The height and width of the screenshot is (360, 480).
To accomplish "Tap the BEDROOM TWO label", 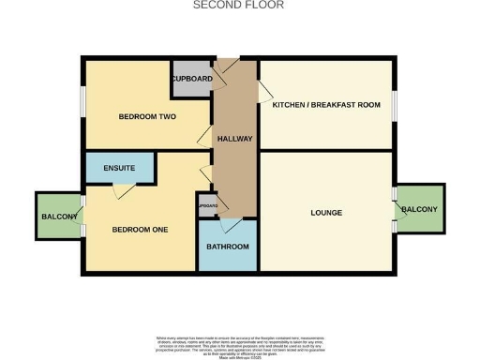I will pyautogui.click(x=145, y=117).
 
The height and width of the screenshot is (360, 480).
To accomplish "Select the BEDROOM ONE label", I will pyautogui.click(x=140, y=229).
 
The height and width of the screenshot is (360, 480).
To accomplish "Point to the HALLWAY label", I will pyautogui.click(x=234, y=139).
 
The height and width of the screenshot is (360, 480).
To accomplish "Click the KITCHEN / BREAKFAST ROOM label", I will pyautogui.click(x=325, y=105).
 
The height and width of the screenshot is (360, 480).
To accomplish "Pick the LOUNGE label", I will pyautogui.click(x=325, y=213).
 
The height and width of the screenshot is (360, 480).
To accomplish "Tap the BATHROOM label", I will pyautogui.click(x=228, y=247).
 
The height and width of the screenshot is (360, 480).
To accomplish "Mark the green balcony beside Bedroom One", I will pyautogui.click(x=58, y=217).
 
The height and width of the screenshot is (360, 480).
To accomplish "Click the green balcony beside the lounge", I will pyautogui.click(x=418, y=208).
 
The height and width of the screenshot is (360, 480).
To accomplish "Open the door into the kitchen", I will pyautogui.click(x=265, y=92).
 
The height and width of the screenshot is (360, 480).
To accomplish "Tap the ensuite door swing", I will pyautogui.click(x=119, y=190).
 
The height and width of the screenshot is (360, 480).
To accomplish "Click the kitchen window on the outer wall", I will pyautogui.click(x=395, y=105).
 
